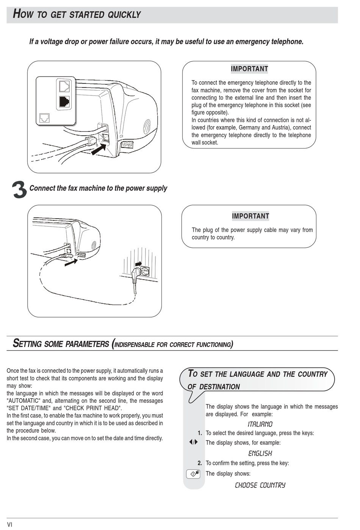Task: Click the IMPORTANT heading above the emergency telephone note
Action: click(249, 69)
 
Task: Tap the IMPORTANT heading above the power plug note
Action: click(250, 216)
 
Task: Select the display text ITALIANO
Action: click(260, 424)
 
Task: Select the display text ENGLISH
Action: click(260, 453)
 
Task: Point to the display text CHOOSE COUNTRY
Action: click(260, 485)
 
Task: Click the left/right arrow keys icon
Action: click(193, 442)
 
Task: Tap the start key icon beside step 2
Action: click(193, 474)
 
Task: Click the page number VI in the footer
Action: click(10, 525)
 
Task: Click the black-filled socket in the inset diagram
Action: click(64, 101)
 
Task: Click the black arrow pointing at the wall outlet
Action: click(138, 263)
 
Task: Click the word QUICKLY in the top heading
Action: click(124, 15)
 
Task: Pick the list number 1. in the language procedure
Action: click(200, 433)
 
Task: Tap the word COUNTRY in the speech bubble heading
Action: click(313, 374)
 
